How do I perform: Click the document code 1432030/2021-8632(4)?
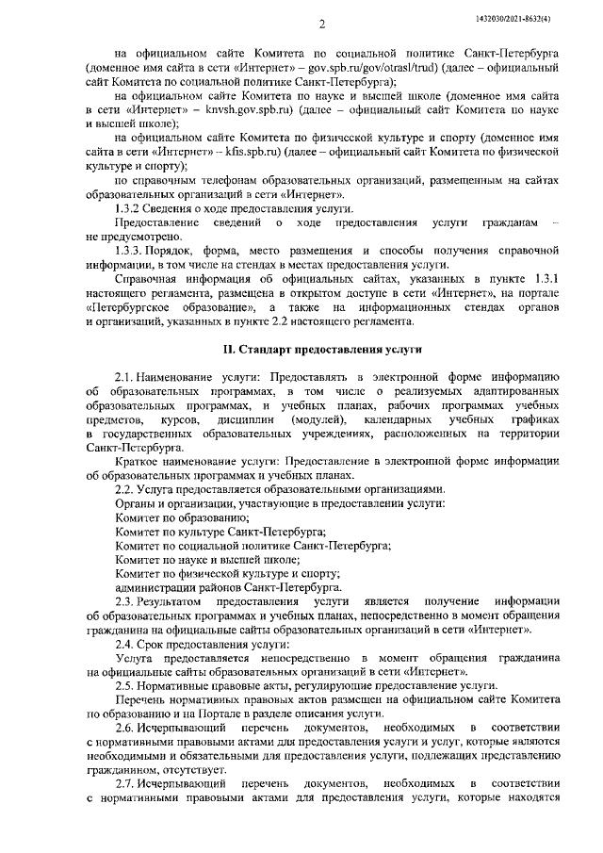(527, 19)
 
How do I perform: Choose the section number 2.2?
(125, 489)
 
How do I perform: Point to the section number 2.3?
(125, 599)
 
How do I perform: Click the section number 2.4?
(125, 642)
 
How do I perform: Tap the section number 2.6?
(125, 728)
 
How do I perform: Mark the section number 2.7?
(125, 784)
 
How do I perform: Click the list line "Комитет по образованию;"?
(174, 517)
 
